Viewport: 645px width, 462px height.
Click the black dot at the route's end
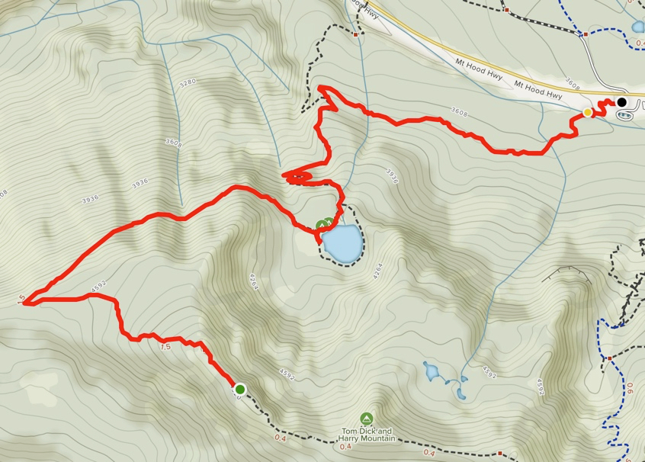tap(621, 102)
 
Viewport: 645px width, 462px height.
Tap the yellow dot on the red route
tap(587, 113)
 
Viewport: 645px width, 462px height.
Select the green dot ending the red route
tap(240, 389)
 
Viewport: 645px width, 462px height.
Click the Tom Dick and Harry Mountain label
tap(367, 435)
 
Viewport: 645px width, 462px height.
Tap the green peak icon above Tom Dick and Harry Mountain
tap(367, 419)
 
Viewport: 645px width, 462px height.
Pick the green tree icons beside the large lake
tap(324, 224)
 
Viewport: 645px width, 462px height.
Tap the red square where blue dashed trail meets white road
tap(585, 34)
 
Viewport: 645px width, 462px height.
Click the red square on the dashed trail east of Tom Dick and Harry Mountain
tap(499, 452)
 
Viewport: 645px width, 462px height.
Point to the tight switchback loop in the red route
tap(299, 178)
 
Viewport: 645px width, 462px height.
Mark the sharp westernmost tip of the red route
tap(25, 303)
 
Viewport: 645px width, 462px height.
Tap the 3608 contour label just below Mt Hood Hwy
tap(458, 112)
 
